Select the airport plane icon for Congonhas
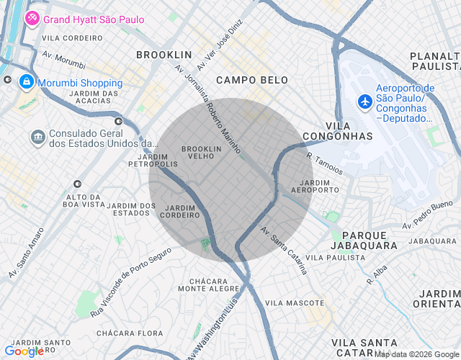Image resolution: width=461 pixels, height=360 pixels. point(364,102)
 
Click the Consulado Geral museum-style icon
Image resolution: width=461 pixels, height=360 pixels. point(37,136)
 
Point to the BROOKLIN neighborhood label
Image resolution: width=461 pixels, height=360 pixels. point(164,55)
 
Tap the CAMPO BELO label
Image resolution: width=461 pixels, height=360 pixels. point(251,80)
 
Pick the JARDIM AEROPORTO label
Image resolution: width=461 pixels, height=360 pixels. point(314,186)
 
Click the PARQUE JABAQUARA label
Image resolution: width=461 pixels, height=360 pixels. point(370,240)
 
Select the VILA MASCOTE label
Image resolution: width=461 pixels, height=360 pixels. point(295,303)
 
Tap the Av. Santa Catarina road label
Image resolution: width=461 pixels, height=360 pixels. point(284,251)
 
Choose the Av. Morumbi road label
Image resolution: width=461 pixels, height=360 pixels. point(63,59)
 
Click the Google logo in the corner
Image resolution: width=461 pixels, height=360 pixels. point(24,351)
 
